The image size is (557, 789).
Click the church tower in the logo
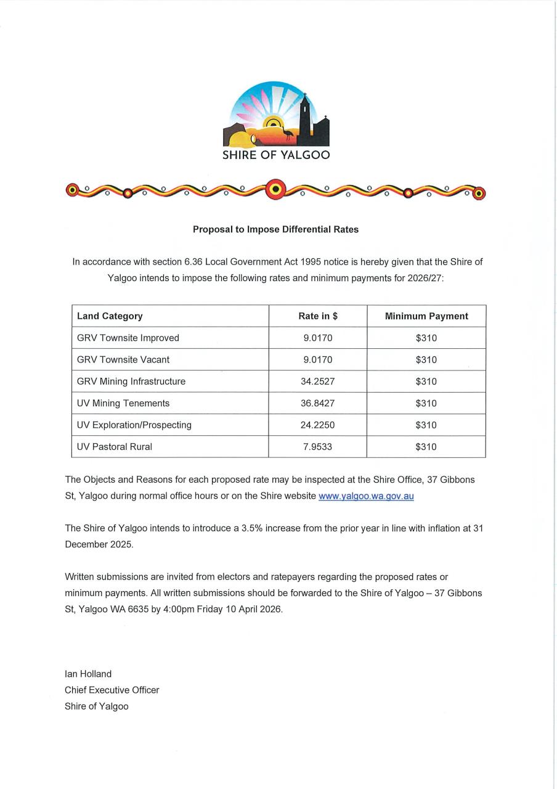[304, 117]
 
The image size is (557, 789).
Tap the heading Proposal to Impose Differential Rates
[275, 229]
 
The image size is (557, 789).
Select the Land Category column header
[110, 316]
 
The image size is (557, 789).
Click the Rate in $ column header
[318, 316]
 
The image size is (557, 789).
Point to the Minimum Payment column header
[426, 316]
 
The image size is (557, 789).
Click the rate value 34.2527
[318, 382]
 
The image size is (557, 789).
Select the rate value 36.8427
[318, 403]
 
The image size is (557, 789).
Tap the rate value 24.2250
[318, 425]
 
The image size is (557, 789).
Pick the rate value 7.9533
[318, 447]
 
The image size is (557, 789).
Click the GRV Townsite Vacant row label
[123, 359]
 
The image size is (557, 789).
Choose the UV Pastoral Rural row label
[115, 447]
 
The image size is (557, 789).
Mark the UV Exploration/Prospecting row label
[134, 425]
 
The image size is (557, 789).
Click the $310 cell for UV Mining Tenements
[426, 403]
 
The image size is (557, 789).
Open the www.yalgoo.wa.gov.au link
[366, 496]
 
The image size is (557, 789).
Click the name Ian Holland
[88, 674]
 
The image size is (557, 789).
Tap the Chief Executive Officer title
[112, 690]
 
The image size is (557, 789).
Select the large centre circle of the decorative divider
[275, 189]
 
